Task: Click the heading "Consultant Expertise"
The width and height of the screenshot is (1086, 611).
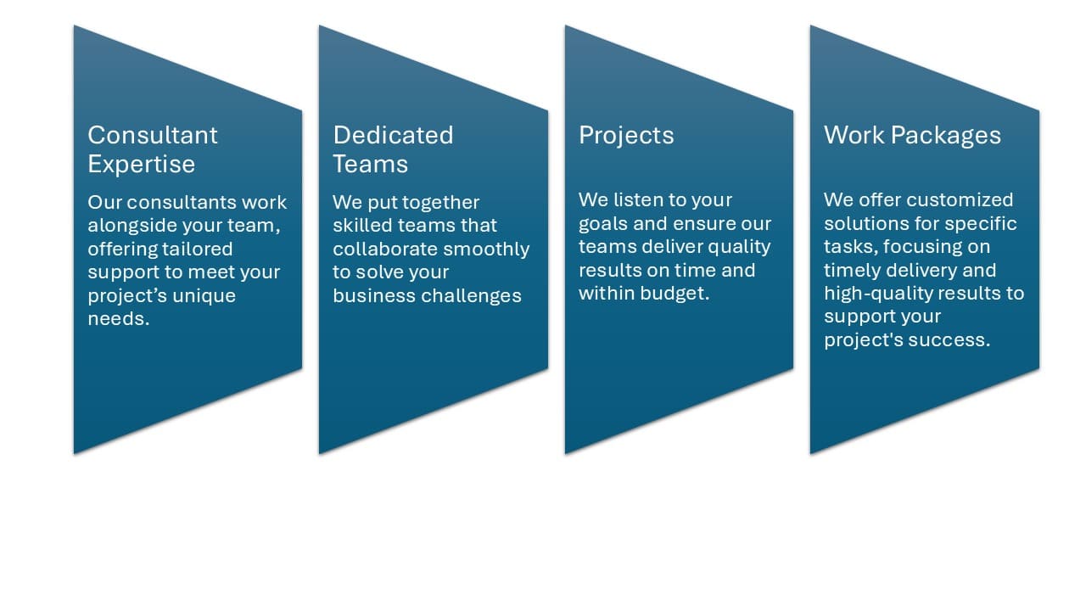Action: tap(153, 149)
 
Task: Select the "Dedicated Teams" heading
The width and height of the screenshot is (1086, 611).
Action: tap(393, 149)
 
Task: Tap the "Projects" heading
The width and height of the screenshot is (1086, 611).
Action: tap(626, 136)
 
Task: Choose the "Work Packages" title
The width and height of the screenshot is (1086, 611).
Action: tap(912, 136)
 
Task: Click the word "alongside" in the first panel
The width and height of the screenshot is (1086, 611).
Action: tap(124, 226)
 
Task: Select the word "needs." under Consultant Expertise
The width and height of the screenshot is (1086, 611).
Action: tap(119, 320)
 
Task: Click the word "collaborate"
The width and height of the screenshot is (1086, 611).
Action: tap(383, 249)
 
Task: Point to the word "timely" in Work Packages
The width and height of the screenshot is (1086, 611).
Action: tap(851, 271)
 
